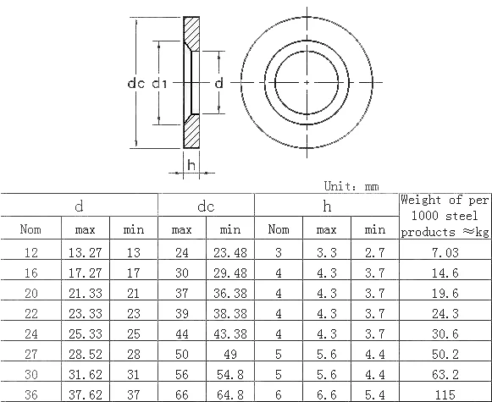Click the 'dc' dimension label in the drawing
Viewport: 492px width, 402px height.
point(135,83)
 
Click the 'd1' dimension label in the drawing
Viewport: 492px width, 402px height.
point(159,83)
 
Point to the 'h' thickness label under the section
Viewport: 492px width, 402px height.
point(191,163)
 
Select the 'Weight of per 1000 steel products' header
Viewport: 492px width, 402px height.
point(444,215)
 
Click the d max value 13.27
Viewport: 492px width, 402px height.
point(85,252)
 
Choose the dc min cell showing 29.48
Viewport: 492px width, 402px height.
point(230,273)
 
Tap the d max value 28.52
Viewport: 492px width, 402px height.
point(85,353)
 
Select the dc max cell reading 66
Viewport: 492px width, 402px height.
point(182,394)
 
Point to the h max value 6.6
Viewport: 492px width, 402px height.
point(327,394)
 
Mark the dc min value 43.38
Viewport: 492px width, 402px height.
point(230,333)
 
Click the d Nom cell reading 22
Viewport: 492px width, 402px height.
point(30,312)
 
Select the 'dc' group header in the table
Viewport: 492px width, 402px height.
point(206,205)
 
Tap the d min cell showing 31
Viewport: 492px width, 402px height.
point(134,373)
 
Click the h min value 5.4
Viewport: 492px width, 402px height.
point(374,394)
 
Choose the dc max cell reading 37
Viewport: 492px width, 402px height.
point(182,293)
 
